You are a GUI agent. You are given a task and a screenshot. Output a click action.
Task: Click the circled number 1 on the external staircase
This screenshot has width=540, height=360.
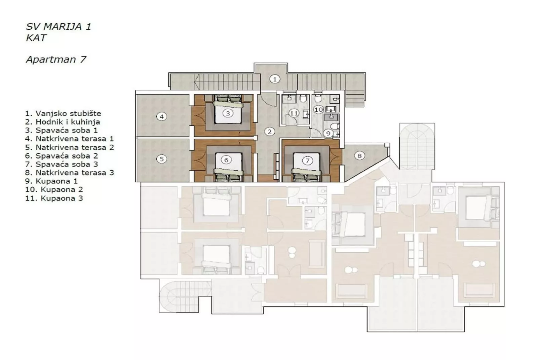tap(275, 79)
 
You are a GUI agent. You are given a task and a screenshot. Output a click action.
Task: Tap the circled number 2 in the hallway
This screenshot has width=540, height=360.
tap(269, 132)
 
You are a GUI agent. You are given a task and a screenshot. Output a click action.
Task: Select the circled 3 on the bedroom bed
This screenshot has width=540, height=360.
tap(228, 113)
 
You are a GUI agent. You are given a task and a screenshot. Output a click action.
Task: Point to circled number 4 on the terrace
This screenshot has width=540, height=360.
tap(162, 117)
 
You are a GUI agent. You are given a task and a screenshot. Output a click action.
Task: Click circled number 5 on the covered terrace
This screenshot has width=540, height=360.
tap(162, 159)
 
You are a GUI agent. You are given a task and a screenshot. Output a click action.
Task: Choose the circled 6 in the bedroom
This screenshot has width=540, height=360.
tap(226, 160)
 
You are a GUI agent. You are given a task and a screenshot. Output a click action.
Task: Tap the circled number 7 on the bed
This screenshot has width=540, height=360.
tap(307, 160)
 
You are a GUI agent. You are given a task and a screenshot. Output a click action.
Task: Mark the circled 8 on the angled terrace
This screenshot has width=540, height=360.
tap(359, 156)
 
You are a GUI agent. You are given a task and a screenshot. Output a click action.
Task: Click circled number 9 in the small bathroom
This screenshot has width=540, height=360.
tap(329, 134)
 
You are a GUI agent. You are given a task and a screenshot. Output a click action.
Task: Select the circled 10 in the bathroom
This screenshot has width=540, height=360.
tap(318, 109)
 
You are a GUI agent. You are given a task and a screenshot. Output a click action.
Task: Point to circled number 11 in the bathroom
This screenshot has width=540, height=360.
tap(294, 113)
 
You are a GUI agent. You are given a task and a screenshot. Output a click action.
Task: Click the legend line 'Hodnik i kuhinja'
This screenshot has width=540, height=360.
tap(63, 122)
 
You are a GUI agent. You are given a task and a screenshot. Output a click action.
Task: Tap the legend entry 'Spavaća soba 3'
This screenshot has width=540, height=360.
tap(62, 164)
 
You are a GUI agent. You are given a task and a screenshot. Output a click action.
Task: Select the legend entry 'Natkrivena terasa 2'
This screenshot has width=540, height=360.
tap(70, 147)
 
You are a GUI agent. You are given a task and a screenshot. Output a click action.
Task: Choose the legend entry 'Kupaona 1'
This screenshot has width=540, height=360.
tap(51, 181)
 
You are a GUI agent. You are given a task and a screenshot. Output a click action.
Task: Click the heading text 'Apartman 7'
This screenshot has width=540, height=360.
tap(56, 60)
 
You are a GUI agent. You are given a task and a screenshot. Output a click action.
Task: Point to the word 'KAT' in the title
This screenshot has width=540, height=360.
tap(36, 38)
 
